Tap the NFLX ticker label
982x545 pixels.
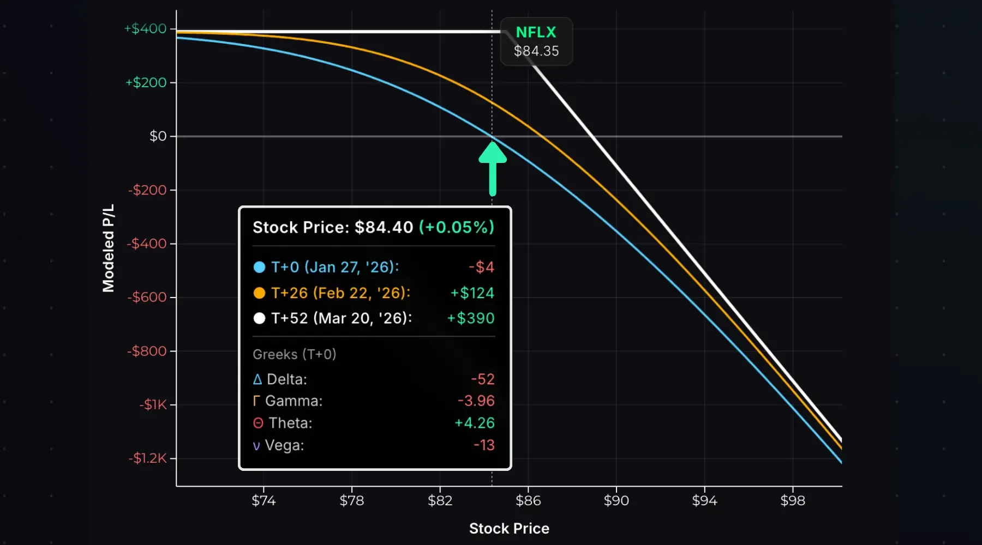[x=536, y=33]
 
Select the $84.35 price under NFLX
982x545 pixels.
[x=536, y=51]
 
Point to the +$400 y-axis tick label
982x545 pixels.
[x=146, y=29]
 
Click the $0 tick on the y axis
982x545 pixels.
[x=158, y=136]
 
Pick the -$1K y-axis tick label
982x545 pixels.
[x=153, y=405]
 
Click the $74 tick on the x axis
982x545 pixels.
[x=264, y=501]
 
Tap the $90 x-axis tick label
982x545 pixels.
[x=616, y=501]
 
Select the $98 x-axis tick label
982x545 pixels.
[x=793, y=501]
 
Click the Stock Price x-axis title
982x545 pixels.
[x=509, y=529]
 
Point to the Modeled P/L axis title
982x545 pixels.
[x=109, y=248]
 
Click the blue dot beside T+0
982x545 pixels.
[x=260, y=267]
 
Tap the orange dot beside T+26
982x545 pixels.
[x=260, y=293]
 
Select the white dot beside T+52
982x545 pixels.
[x=260, y=318]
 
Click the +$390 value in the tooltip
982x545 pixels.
[x=471, y=318]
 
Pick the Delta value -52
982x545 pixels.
[x=483, y=379]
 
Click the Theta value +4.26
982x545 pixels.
[x=475, y=423]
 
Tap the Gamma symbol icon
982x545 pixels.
[x=256, y=401]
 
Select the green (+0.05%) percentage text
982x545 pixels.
[x=457, y=227]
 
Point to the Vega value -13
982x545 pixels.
[x=484, y=445]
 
